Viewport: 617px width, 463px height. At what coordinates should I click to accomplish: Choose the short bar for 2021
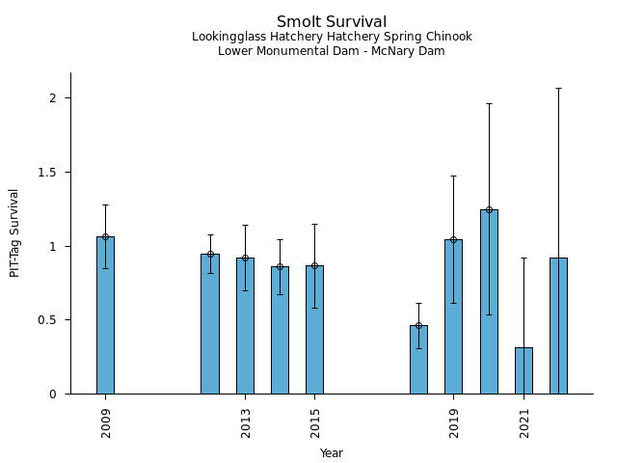pos(523,370)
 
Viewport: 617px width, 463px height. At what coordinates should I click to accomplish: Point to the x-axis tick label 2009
pos(106,422)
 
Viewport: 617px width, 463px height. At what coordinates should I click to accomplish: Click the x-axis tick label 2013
pos(245,422)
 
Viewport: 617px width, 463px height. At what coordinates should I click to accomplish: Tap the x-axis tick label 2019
pos(454,422)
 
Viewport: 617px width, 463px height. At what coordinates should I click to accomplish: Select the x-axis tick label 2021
pos(524,422)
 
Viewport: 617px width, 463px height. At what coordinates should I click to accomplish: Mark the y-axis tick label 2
pos(55,98)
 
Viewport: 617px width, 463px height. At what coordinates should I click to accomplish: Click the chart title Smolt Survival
pos(332,22)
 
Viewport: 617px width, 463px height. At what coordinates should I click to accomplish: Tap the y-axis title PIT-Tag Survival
pos(14,232)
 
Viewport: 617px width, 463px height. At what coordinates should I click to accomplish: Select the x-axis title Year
pos(332,453)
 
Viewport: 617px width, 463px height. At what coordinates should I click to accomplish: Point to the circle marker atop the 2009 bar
pos(105,236)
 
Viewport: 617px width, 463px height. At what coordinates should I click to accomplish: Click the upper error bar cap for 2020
pos(489,103)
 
